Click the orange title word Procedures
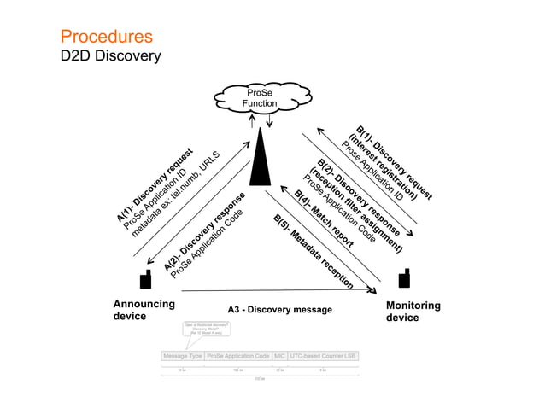(x=106, y=37)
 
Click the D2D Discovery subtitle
(x=110, y=56)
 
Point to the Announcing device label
(x=144, y=310)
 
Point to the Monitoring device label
(x=413, y=311)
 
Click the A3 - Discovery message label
(x=279, y=309)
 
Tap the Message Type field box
(x=183, y=355)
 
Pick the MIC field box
(x=279, y=355)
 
